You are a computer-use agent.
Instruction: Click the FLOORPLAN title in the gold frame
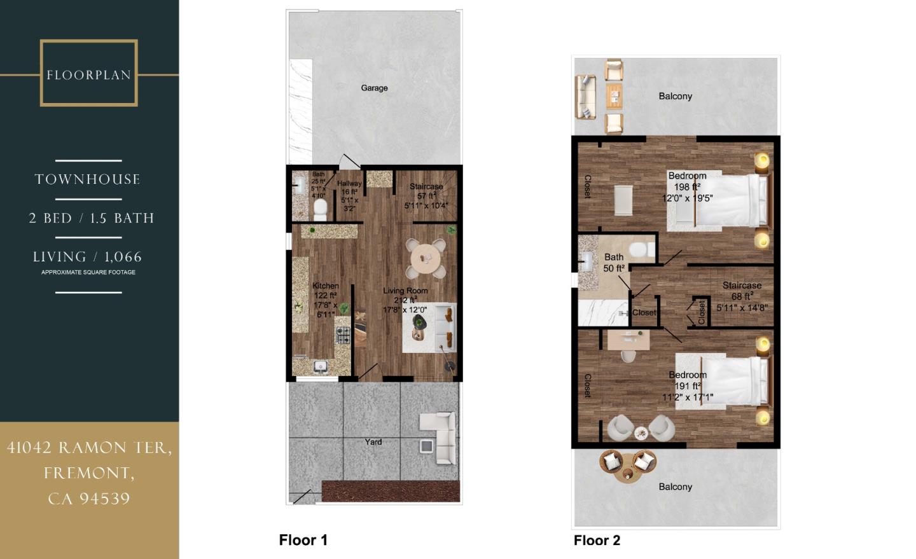pos(88,75)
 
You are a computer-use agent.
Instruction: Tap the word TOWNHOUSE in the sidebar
pos(88,179)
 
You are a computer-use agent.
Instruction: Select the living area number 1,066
pos(123,257)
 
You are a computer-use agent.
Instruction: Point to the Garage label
pos(374,88)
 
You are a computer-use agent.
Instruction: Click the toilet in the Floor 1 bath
pos(320,209)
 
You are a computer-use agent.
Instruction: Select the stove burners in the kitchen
pos(343,334)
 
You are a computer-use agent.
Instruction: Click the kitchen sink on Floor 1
pos(320,366)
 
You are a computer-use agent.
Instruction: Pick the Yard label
pos(373,442)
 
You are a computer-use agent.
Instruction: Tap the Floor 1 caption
pos(303,540)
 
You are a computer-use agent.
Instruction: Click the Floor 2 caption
pos(597,541)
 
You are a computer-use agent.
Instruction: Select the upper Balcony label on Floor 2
pos(675,96)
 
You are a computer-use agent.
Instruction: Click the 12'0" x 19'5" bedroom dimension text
pos(687,198)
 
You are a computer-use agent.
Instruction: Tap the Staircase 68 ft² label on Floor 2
pos(742,291)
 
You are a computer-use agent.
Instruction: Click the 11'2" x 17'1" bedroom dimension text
pos(687,397)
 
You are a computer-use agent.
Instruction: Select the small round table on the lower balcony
pos(628,473)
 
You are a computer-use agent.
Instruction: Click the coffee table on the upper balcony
pos(614,97)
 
